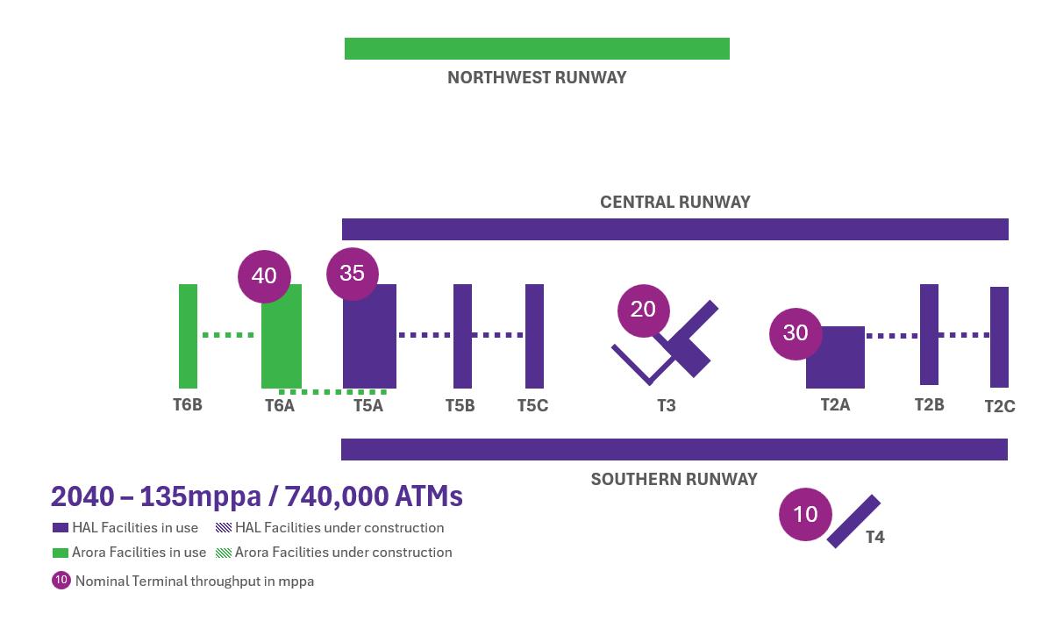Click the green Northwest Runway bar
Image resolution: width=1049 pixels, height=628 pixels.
tap(537, 49)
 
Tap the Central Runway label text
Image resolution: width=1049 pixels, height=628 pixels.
tap(674, 202)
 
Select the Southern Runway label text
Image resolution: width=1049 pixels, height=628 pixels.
tap(674, 479)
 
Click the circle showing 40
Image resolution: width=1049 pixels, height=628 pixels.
tap(264, 275)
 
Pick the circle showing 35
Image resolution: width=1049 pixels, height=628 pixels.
tap(352, 273)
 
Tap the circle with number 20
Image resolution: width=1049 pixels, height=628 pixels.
tap(643, 310)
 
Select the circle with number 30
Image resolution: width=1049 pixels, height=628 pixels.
tap(796, 333)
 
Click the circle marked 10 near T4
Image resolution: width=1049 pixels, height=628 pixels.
tap(805, 514)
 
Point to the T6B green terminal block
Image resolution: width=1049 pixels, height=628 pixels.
tap(188, 335)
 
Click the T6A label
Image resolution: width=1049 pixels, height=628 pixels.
tap(280, 405)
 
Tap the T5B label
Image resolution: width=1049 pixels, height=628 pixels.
tap(460, 405)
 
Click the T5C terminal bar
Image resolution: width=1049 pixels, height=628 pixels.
tap(534, 335)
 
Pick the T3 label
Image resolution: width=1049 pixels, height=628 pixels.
tap(667, 405)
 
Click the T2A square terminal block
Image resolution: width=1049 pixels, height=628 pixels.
tap(835, 357)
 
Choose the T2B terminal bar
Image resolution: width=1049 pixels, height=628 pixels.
tap(929, 334)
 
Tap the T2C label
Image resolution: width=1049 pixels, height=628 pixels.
tap(999, 406)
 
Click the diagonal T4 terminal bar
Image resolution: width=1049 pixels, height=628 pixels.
tap(853, 522)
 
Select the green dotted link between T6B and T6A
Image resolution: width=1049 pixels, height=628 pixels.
tap(228, 335)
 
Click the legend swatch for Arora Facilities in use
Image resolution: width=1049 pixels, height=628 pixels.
tap(61, 553)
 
